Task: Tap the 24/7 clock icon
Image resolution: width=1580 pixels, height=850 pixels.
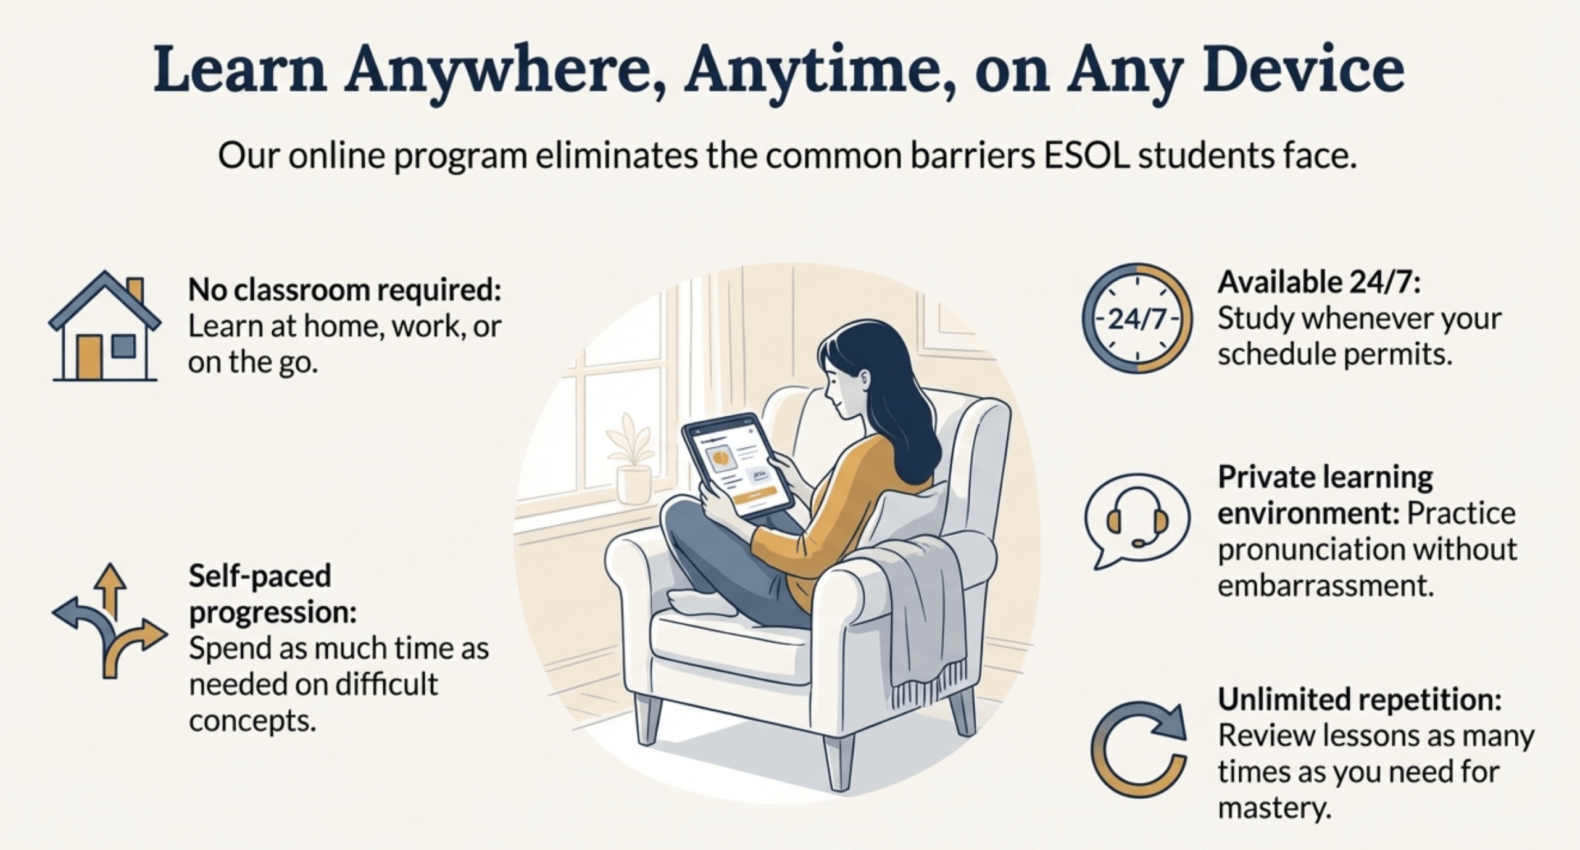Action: pyautogui.click(x=1137, y=318)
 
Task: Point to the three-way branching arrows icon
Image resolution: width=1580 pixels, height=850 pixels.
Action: pyautogui.click(x=110, y=620)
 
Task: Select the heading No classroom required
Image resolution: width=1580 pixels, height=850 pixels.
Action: pyautogui.click(x=344, y=289)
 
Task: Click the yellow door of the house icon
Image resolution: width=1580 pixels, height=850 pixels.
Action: pyautogui.click(x=88, y=358)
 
